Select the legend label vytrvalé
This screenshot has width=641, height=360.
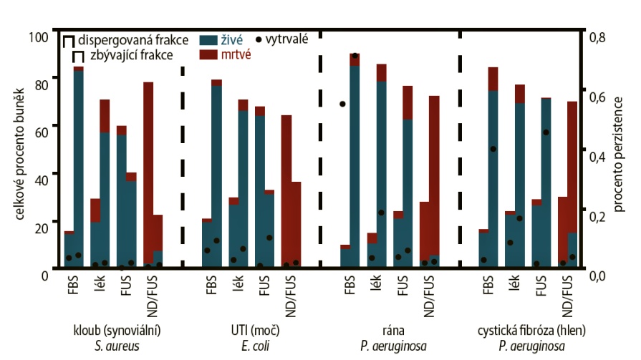[286, 40]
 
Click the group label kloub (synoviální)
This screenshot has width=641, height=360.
[117, 331]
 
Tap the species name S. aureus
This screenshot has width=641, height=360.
[117, 346]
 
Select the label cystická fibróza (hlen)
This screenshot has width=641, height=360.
[529, 331]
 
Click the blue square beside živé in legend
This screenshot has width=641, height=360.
[209, 40]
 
